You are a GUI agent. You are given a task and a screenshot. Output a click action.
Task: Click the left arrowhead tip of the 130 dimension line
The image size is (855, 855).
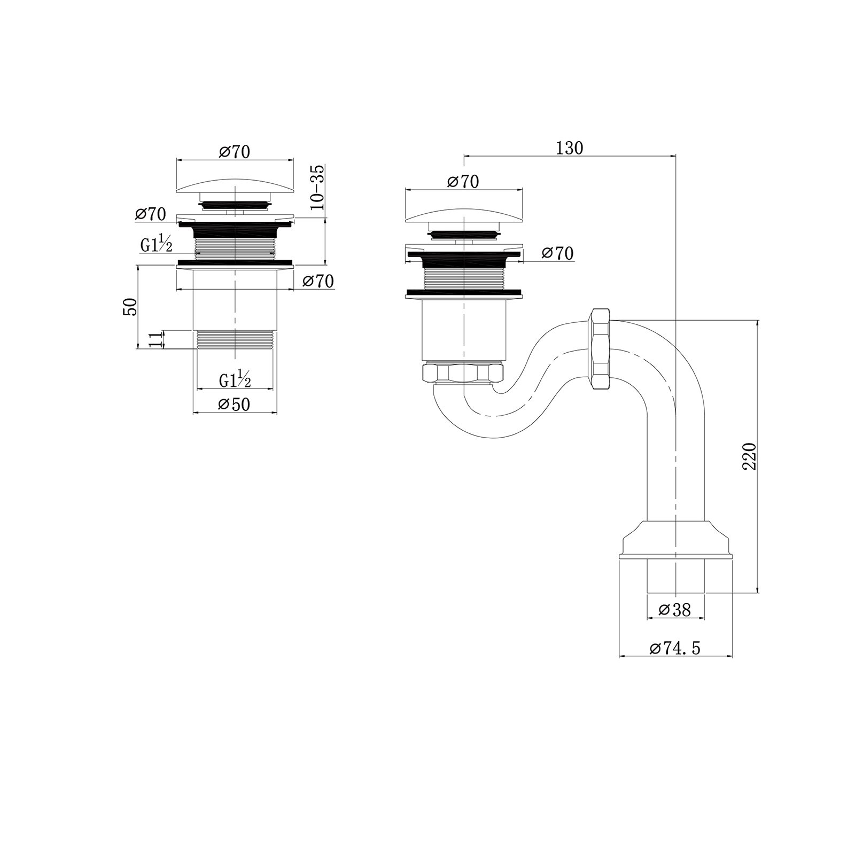[x=464, y=156]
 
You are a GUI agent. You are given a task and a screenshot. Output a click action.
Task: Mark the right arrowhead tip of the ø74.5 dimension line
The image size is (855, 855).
[x=732, y=656]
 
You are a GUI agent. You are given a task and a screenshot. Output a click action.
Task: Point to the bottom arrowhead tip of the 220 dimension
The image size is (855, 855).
[x=757, y=593]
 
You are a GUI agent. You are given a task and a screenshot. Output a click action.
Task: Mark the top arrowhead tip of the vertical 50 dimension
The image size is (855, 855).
[x=137, y=266]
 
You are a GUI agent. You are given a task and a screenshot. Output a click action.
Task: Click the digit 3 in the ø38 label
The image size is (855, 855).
[x=675, y=610]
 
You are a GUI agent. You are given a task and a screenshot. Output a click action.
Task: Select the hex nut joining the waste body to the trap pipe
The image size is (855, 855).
[x=462, y=373]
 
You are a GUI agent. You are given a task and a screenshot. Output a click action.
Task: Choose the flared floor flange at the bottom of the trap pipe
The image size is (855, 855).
[x=675, y=540]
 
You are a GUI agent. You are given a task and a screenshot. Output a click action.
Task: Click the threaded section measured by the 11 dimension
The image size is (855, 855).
[x=235, y=339]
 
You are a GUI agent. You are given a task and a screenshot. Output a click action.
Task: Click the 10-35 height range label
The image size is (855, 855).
[x=317, y=187]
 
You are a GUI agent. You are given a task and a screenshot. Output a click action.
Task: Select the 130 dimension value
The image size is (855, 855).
[x=570, y=147]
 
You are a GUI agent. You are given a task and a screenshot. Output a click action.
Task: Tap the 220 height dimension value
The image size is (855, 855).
[x=750, y=456]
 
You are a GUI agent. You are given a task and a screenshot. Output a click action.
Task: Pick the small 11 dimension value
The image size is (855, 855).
[x=154, y=339]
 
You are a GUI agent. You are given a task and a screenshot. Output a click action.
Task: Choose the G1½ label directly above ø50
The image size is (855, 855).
[x=235, y=379]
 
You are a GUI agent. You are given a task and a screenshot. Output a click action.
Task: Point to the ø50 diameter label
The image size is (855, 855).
[x=234, y=405]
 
